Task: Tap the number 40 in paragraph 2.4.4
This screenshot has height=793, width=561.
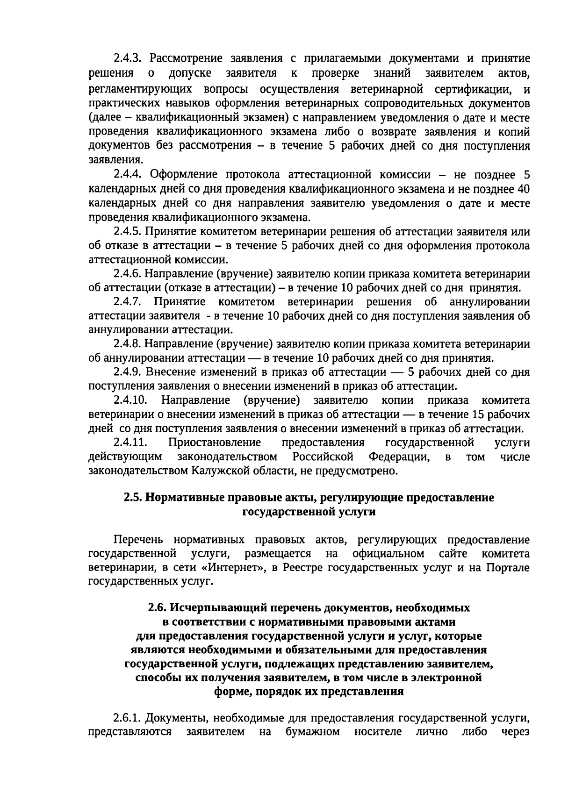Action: (523, 189)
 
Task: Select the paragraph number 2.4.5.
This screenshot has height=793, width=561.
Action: (127, 232)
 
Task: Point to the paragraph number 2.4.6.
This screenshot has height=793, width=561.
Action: (127, 274)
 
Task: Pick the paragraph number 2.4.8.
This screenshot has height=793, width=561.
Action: (127, 344)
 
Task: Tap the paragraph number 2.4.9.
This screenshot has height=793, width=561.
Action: (127, 372)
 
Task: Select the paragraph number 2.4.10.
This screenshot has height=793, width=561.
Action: (130, 400)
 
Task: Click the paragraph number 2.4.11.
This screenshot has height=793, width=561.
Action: (130, 443)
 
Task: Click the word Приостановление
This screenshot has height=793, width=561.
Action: (215, 443)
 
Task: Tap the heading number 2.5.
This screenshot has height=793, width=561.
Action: (133, 498)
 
